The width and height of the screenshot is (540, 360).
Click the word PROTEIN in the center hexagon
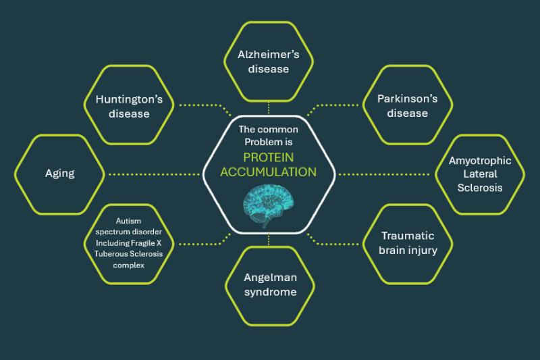268,157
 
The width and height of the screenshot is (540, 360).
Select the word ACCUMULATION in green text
268,172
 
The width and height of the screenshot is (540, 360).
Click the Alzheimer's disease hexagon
269,22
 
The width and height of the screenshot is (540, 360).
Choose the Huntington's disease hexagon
129,66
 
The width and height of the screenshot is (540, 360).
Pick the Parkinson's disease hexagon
408,66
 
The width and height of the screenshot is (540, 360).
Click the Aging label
59,173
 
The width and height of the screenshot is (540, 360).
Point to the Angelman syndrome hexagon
270,247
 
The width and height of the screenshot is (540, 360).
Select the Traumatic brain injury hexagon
408,205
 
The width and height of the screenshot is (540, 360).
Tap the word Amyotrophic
480,161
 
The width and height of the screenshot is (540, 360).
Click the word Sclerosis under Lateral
480,187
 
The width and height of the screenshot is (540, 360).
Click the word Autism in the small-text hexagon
128,221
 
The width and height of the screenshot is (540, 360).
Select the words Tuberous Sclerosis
128,254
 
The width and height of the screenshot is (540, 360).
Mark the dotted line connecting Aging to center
154,174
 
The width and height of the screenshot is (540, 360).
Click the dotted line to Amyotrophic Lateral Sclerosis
383,174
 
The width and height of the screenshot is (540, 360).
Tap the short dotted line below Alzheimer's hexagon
269,108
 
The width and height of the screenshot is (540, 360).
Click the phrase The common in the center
268,130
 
